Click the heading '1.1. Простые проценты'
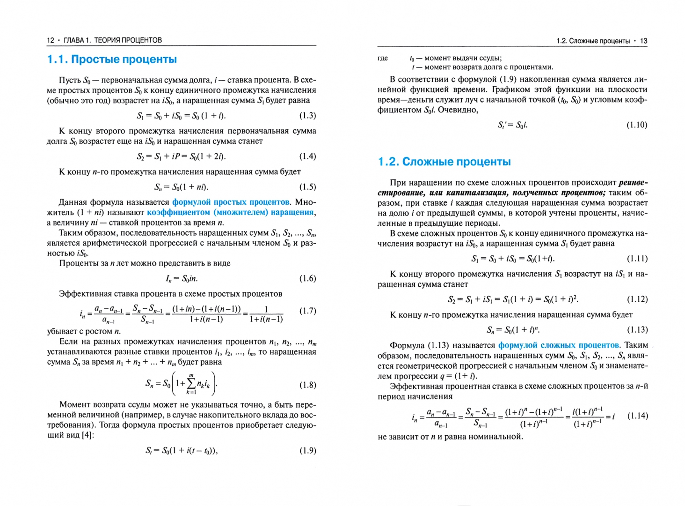pos(112,60)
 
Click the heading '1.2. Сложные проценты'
pos(444,162)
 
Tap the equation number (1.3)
pos(307,116)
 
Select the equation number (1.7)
pos(307,311)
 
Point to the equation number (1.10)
pos(637,125)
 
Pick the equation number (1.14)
pos(637,416)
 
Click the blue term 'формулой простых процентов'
pos(231,202)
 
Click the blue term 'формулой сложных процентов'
pos(558,345)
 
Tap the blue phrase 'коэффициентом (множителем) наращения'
pos(230,212)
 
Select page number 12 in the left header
pos(51,40)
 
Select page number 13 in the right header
pos(643,41)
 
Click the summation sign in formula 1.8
pos(191,384)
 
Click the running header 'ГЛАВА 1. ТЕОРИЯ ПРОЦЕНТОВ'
pos(113,40)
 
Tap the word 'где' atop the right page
pos(383,58)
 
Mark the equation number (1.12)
pos(637,299)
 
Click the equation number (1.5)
pos(307,187)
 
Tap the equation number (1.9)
pos(307,451)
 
